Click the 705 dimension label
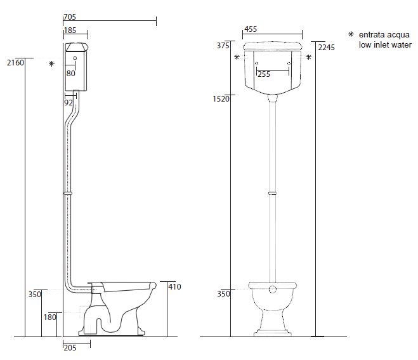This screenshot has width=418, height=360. click(x=70, y=17)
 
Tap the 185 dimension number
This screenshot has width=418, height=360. click(x=70, y=30)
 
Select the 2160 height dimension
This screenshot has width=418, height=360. click(x=15, y=63)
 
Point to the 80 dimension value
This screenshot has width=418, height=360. click(x=70, y=74)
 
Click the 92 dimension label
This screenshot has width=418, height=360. click(x=69, y=103)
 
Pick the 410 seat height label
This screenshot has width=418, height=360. click(x=174, y=287)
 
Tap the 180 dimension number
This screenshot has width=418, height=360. click(x=50, y=317)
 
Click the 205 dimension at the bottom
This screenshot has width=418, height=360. click(x=70, y=348)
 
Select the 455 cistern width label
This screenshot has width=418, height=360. click(x=251, y=29)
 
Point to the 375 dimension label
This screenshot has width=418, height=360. click(x=223, y=46)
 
